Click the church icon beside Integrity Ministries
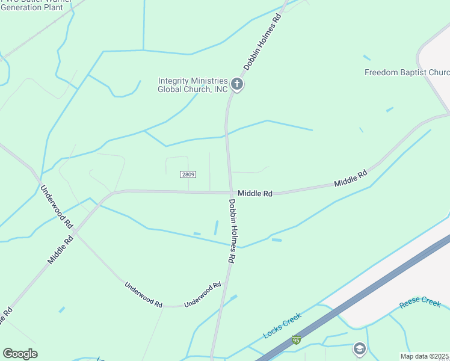pyautogui.click(x=237, y=84)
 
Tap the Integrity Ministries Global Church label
pyautogui.click(x=193, y=85)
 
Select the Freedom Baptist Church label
pyautogui.click(x=407, y=73)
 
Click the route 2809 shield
pyautogui.click(x=187, y=174)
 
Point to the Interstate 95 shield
pyautogui.click(x=295, y=340)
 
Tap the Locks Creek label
pyautogui.click(x=282, y=326)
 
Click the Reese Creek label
pyautogui.click(x=420, y=302)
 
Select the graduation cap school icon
pyautogui.click(x=359, y=348)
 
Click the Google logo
pyautogui.click(x=20, y=354)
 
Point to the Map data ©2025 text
pyautogui.click(x=425, y=356)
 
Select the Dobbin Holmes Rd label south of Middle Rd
pyautogui.click(x=231, y=231)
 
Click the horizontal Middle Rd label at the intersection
pyautogui.click(x=255, y=193)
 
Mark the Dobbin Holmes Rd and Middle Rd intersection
pyautogui.click(x=230, y=193)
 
